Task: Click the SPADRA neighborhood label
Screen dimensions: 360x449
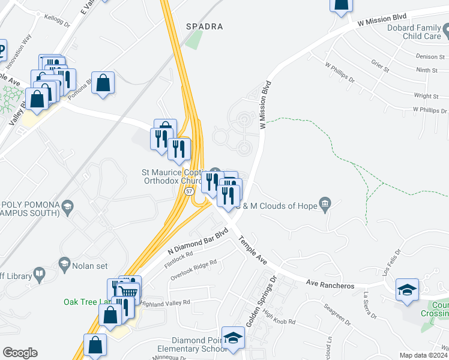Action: click(205, 27)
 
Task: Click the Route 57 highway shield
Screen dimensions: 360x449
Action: click(189, 191)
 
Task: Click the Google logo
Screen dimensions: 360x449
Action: click(20, 353)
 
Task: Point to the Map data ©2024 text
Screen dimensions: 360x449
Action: click(424, 355)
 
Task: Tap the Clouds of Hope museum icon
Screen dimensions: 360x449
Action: click(325, 205)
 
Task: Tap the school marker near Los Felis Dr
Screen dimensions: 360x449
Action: click(406, 290)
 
